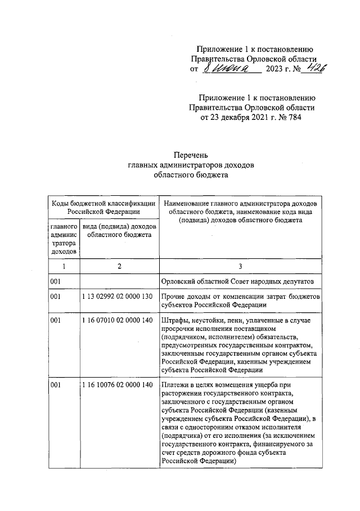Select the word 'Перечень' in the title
pyautogui.click(x=191, y=154)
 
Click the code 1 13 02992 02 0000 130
pyautogui.click(x=118, y=296)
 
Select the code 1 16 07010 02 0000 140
pyautogui.click(x=118, y=320)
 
